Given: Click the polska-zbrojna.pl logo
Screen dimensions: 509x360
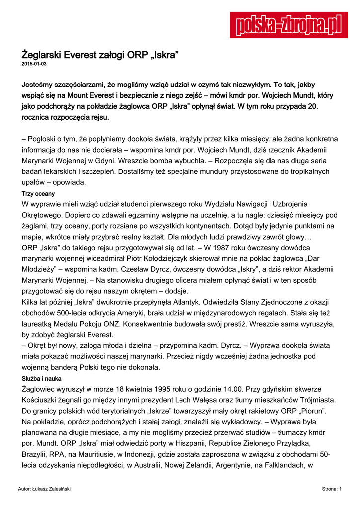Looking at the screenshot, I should pyautogui.click(x=288, y=25).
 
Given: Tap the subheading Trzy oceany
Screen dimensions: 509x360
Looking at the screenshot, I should pyautogui.click(x=38, y=194).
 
